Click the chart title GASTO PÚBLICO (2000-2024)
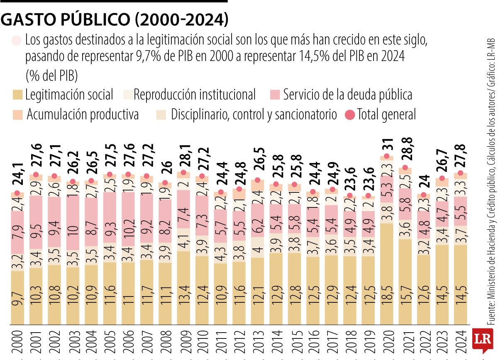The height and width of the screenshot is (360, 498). [x=115, y=19]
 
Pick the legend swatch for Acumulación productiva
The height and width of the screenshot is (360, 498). [x=18, y=114]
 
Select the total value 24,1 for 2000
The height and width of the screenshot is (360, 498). [x=17, y=177]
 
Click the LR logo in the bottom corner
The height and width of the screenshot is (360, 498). [x=482, y=341]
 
